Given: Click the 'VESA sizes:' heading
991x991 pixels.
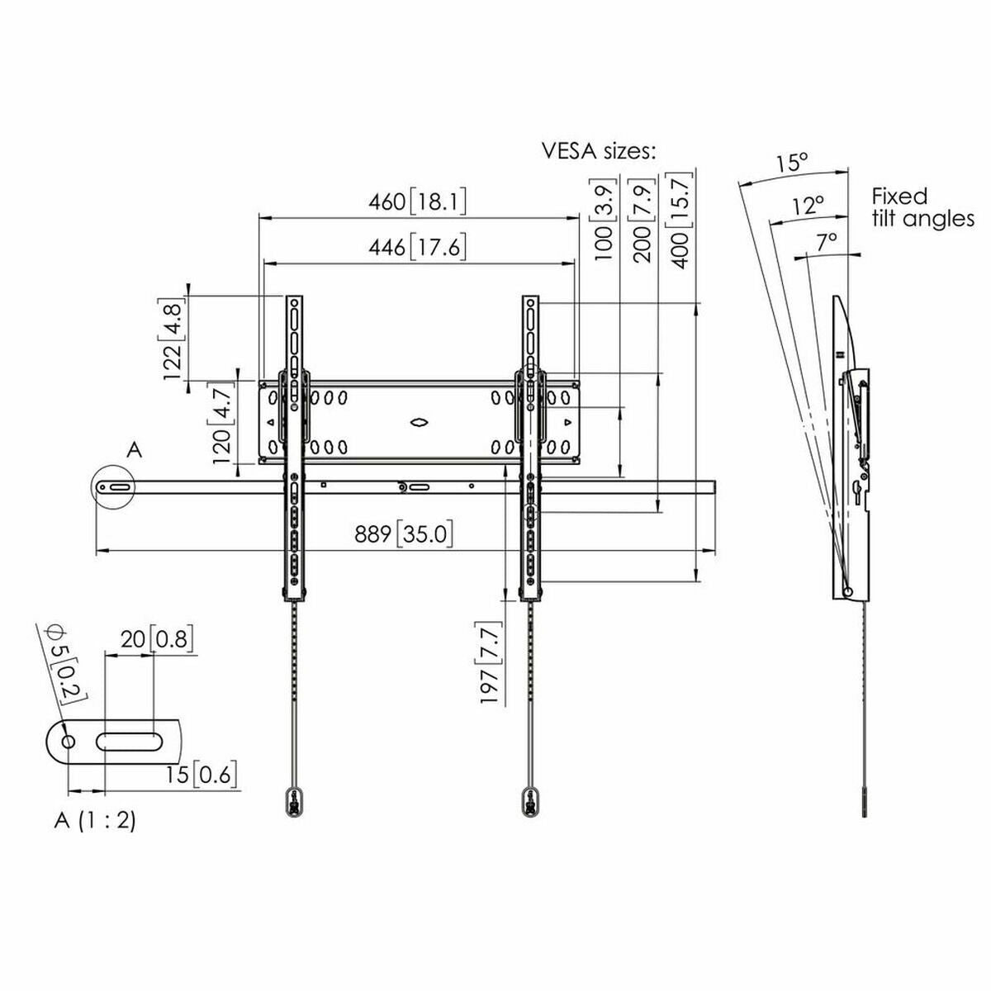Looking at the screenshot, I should (600, 151).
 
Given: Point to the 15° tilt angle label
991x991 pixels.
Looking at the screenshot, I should (791, 163).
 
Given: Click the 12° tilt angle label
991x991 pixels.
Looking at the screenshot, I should (808, 205).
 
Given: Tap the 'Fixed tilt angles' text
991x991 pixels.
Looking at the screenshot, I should (922, 207).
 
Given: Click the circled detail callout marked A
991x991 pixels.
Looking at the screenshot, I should (114, 487).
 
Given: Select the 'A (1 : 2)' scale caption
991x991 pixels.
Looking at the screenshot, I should (95, 820).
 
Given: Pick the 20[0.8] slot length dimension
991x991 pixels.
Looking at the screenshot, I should (157, 638).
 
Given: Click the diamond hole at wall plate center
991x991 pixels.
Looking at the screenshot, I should (420, 422).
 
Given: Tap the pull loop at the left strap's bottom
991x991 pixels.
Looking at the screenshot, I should (294, 801).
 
